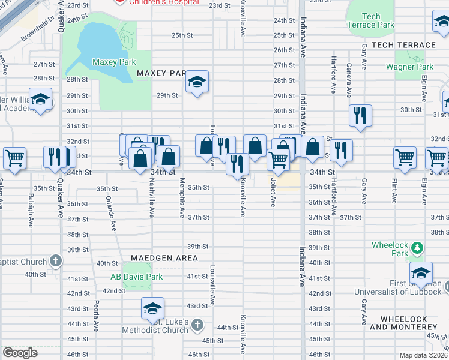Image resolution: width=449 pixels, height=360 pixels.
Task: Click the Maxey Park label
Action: [114, 62]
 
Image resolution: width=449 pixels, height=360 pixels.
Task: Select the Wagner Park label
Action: [409, 67]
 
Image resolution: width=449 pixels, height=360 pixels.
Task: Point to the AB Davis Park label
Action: [136, 277]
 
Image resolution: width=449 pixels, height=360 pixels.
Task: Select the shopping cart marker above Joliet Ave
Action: [278, 160]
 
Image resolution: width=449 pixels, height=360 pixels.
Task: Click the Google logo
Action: [20, 352]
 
